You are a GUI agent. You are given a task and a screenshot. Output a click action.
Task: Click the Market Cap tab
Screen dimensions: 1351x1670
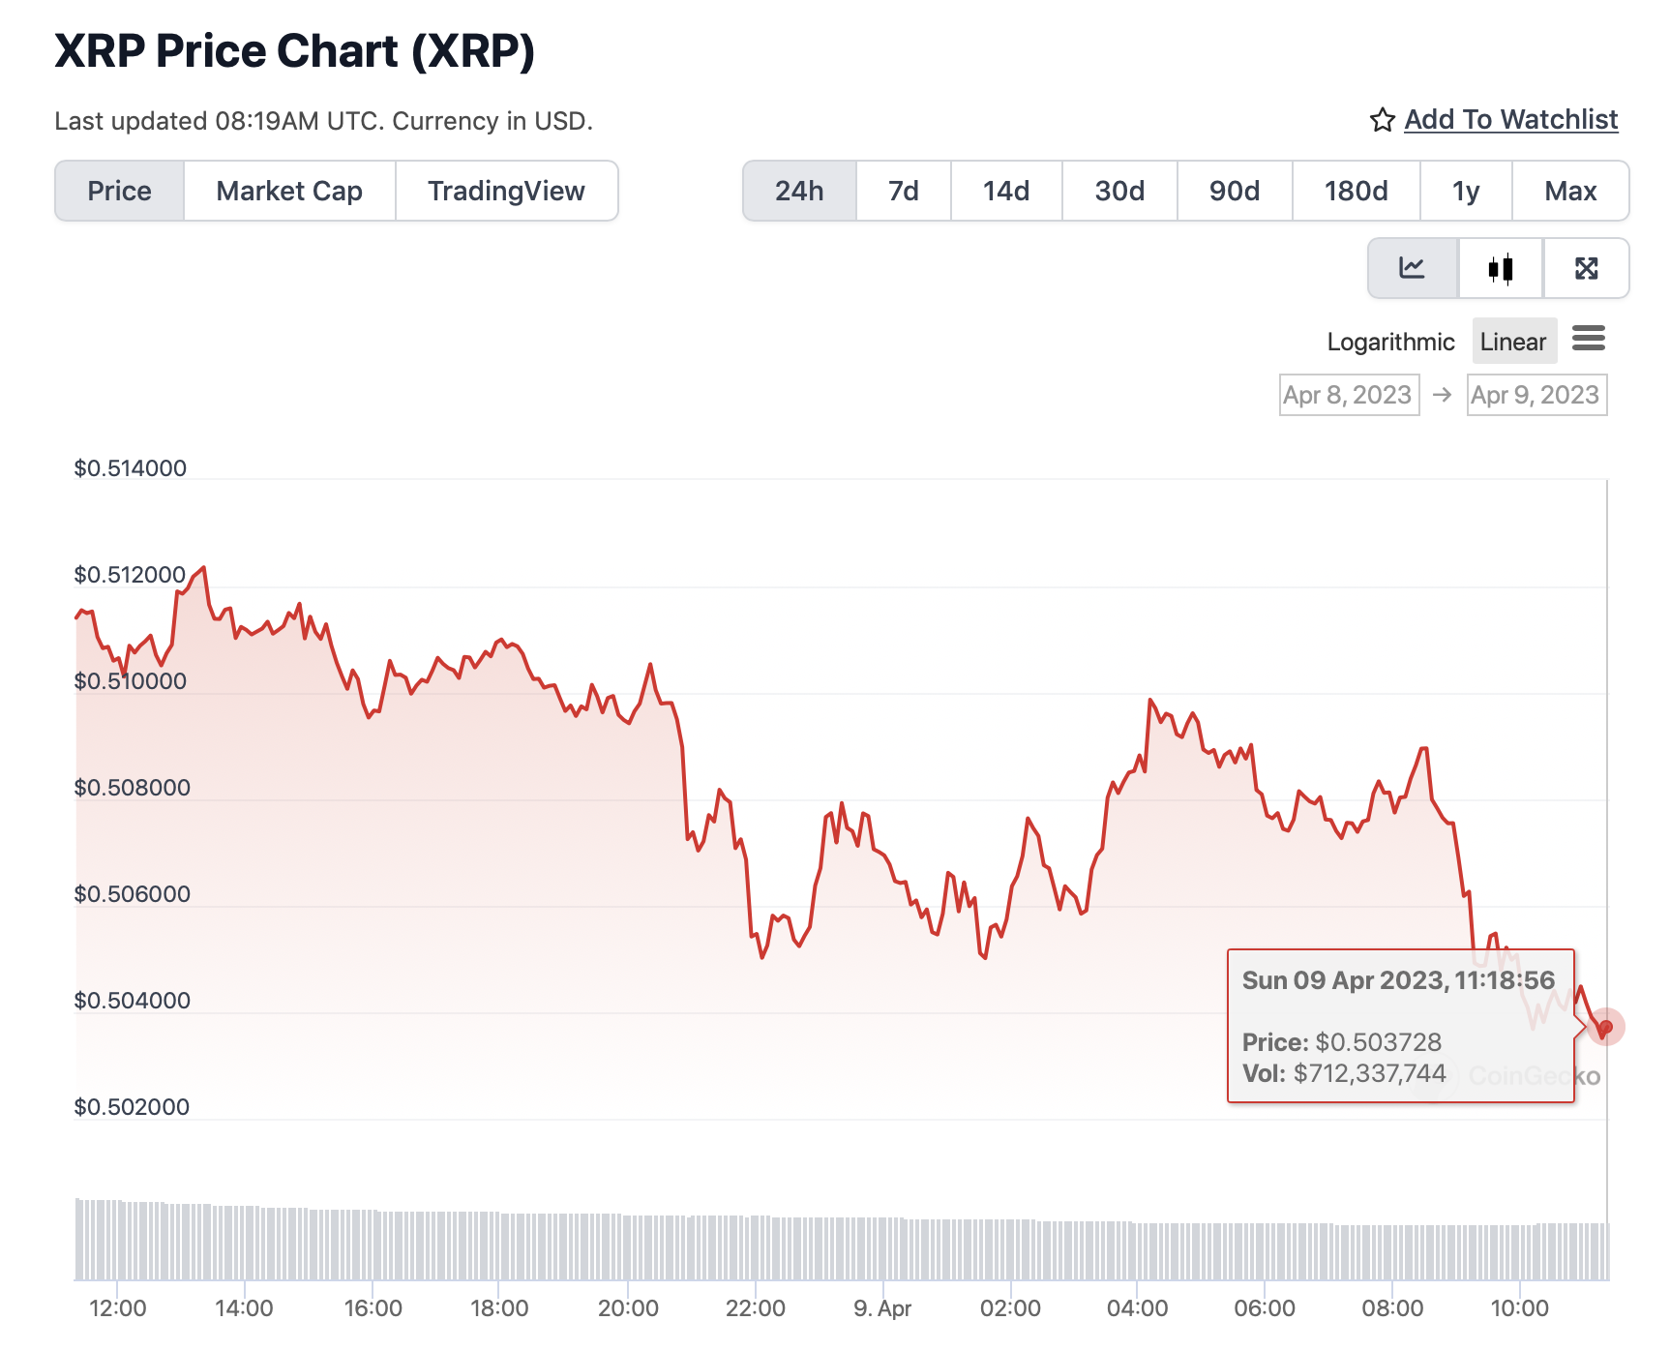click(x=289, y=191)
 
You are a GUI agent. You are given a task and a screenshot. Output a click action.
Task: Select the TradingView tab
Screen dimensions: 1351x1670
click(x=506, y=191)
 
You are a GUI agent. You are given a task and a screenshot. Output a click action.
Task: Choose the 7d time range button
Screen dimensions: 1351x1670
click(x=903, y=191)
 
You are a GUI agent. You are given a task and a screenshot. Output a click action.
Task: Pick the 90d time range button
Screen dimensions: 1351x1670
click(x=1234, y=191)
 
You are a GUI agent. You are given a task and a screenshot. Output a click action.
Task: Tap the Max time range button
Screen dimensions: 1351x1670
click(x=1569, y=191)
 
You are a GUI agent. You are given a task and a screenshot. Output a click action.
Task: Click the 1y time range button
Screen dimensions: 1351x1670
click(x=1465, y=191)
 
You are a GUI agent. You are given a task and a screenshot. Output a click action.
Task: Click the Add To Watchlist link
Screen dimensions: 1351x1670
click(x=1510, y=119)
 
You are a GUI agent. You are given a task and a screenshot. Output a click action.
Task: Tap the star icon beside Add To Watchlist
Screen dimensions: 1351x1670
click(x=1382, y=120)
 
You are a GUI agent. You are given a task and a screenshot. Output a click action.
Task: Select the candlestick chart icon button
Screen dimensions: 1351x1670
click(x=1500, y=268)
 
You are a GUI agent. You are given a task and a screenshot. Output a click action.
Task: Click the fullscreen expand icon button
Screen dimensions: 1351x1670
click(x=1586, y=268)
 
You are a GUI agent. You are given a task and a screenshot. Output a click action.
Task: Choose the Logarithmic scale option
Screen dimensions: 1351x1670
click(x=1390, y=342)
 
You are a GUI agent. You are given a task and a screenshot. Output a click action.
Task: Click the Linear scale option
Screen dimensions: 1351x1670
click(x=1513, y=342)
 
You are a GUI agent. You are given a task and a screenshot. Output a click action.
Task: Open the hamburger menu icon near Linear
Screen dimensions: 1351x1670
click(x=1589, y=339)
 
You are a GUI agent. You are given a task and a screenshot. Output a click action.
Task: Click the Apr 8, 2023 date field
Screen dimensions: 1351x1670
click(x=1349, y=395)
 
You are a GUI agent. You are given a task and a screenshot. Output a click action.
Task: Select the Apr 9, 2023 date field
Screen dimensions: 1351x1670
click(x=1536, y=395)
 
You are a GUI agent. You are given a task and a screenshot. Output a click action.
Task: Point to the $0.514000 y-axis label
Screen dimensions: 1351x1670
click(x=131, y=468)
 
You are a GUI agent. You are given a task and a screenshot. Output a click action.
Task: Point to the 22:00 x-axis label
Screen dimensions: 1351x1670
click(x=755, y=1308)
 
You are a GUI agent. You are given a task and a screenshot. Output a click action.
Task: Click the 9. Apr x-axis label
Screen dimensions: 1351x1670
click(x=882, y=1308)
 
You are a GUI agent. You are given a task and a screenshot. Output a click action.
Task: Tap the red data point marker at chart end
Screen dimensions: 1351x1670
click(x=1605, y=1027)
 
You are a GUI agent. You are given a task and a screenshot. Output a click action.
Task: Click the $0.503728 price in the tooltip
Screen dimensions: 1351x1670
click(x=1378, y=1042)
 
